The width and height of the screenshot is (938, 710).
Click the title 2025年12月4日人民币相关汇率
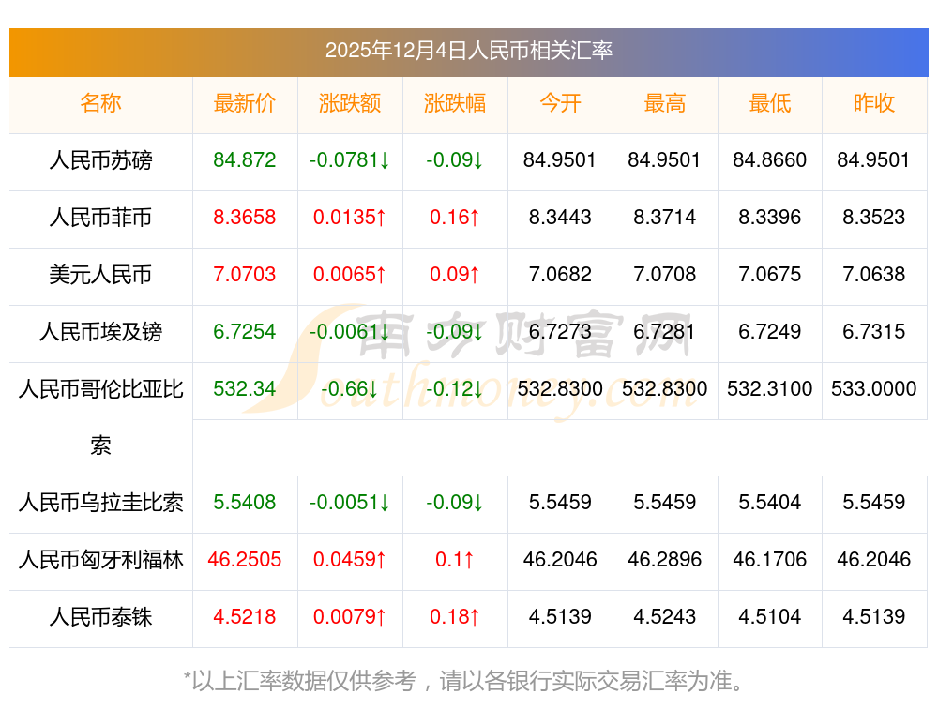pos(468,51)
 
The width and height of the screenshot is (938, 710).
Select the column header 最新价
pos(245,104)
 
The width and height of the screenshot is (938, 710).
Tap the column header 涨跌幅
pos(455,104)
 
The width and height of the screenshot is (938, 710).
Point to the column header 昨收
pos(873,104)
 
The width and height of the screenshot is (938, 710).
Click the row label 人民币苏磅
pos(100,160)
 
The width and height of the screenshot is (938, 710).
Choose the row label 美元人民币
pos(100,275)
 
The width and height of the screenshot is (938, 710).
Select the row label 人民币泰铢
pos(100,617)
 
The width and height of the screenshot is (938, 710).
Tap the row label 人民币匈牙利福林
pos(100,560)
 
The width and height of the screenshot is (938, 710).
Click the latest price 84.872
pos(245,160)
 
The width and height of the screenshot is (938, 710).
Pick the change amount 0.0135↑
pos(350,218)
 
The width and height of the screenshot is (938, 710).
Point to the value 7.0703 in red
pos(245,275)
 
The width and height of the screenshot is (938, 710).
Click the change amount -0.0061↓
pos(350,331)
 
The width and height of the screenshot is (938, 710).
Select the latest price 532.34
pos(245,388)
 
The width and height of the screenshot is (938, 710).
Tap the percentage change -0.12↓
pos(455,388)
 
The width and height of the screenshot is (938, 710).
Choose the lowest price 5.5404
pos(769,503)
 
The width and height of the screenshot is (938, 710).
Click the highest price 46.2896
pos(664,560)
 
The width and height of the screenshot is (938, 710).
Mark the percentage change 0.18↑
pos(455,617)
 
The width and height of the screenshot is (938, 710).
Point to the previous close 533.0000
pos(873,388)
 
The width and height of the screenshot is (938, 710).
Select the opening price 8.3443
pos(560,218)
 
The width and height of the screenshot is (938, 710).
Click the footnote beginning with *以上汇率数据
pos(468,681)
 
